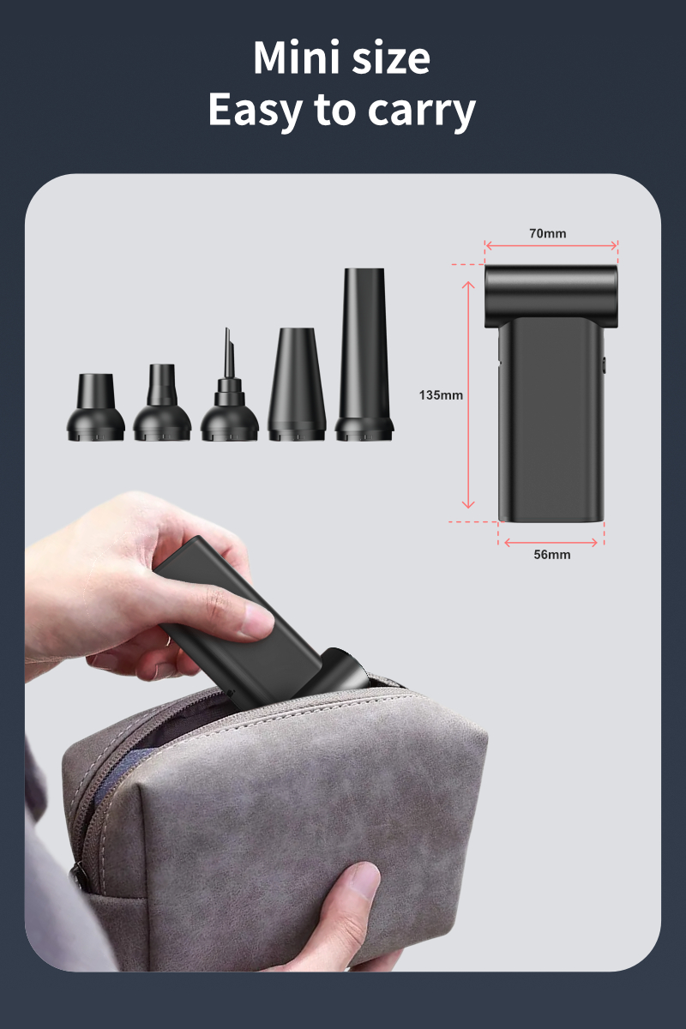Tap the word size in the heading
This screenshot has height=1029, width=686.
[390, 58]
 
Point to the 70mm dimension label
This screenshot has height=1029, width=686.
[548, 233]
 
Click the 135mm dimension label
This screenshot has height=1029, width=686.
[441, 395]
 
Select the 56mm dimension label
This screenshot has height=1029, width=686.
[551, 555]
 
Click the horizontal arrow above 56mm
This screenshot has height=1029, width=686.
[551, 541]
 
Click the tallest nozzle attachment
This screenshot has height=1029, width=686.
[364, 356]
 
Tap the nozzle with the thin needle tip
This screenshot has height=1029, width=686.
[229, 390]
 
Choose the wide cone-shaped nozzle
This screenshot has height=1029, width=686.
[297, 386]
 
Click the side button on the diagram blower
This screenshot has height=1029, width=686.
[604, 365]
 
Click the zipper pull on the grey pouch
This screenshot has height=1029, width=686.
[77, 876]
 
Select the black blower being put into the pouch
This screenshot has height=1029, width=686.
[249, 617]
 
